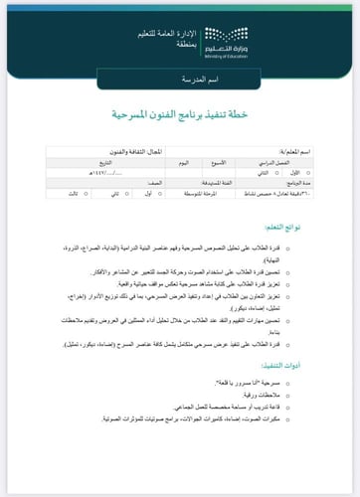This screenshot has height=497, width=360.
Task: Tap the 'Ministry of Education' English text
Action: point(228,57)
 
